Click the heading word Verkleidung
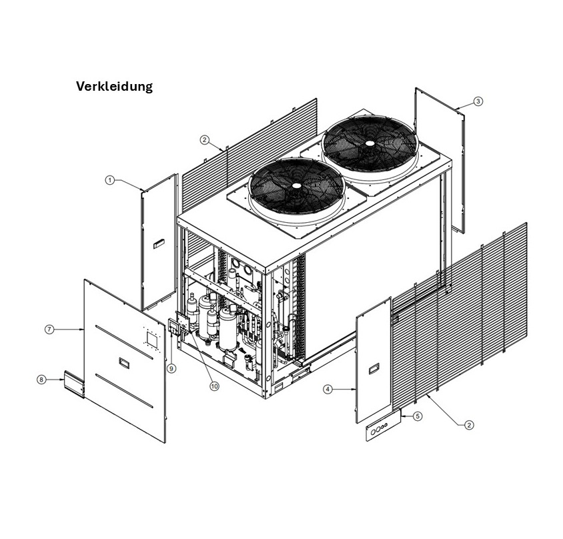click(x=114, y=87)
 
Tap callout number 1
click(x=110, y=180)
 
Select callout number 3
click(x=478, y=101)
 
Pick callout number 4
click(x=328, y=389)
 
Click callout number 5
click(x=418, y=416)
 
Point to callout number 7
click(x=49, y=329)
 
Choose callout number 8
click(x=41, y=379)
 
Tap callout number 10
click(x=214, y=386)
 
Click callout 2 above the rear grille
click(x=205, y=140)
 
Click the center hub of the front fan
click(x=295, y=183)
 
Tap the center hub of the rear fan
click(x=369, y=142)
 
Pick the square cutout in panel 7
click(x=151, y=339)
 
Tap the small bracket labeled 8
click(x=73, y=384)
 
